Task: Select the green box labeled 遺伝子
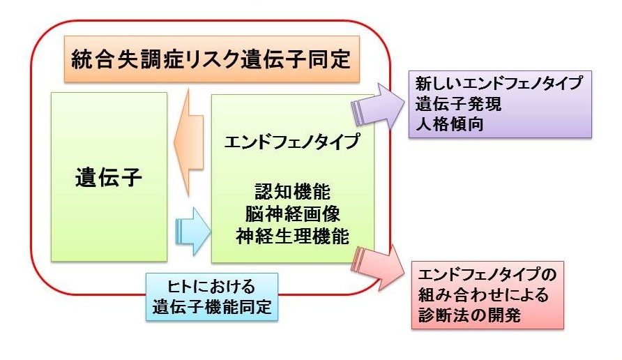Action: click(108, 178)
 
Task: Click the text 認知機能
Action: click(292, 190)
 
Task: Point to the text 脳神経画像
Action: click(292, 212)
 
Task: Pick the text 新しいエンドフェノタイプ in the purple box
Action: click(499, 84)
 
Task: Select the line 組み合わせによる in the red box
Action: click(482, 294)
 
